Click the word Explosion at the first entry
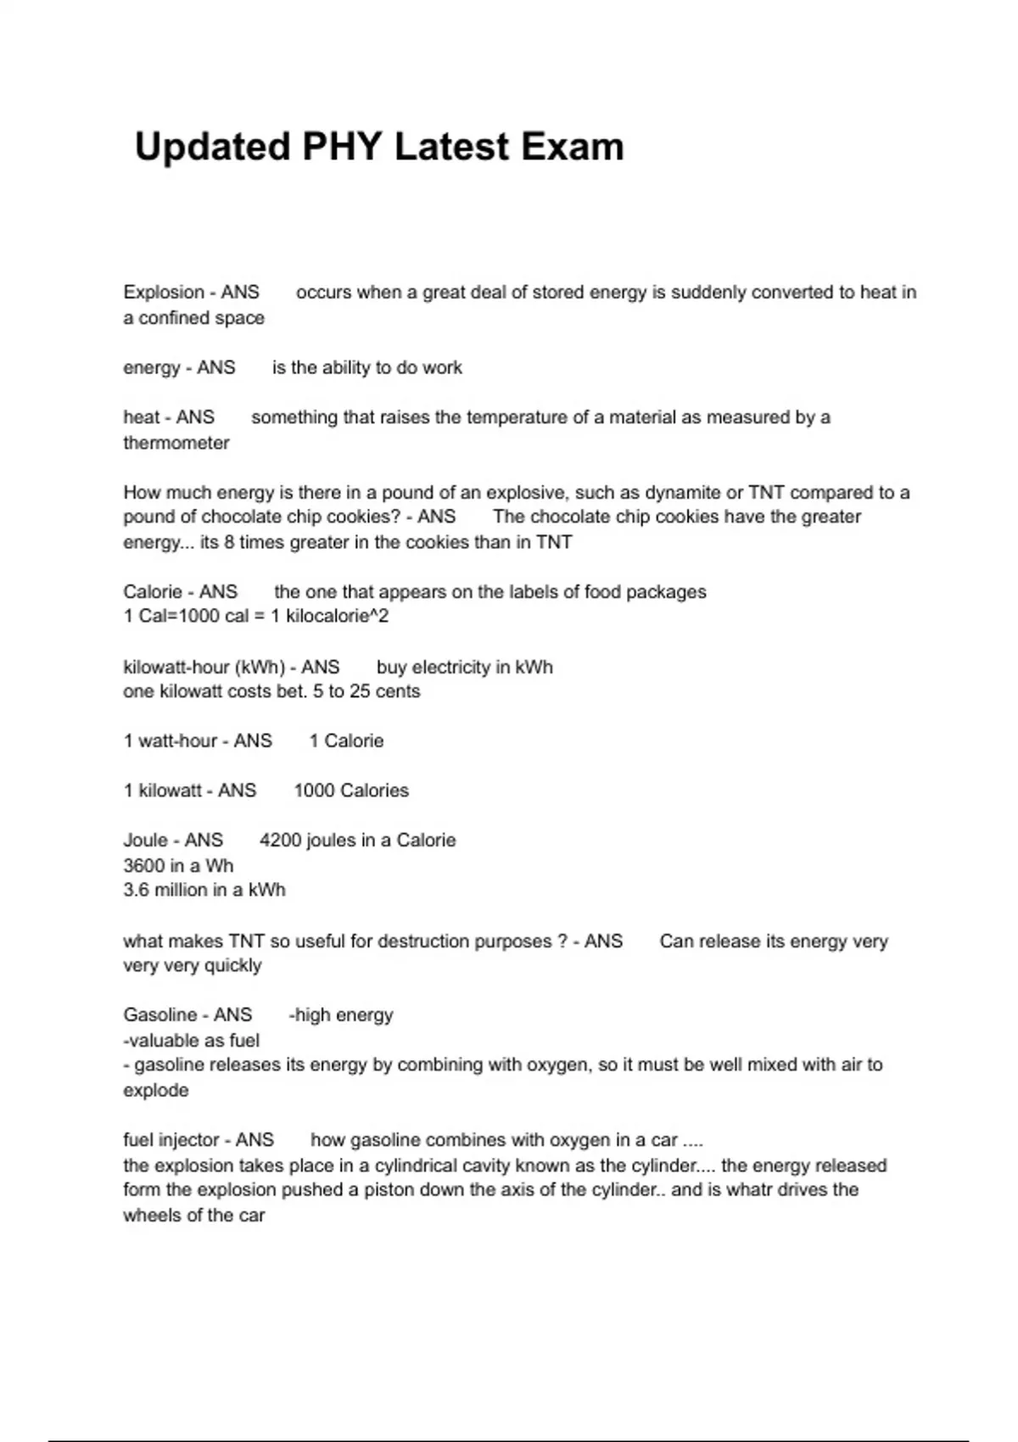[x=164, y=293]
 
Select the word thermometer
[x=176, y=443]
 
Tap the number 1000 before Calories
[x=314, y=791]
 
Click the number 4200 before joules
[x=280, y=841]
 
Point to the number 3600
[x=143, y=866]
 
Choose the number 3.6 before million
[x=136, y=891]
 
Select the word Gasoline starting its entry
[x=160, y=1015]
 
